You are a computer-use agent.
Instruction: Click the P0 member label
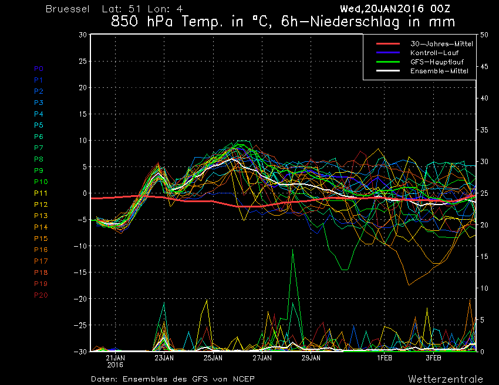(x=39, y=69)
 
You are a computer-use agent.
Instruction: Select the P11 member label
(x=41, y=193)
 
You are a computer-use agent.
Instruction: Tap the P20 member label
(x=41, y=295)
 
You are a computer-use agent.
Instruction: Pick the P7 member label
(x=39, y=148)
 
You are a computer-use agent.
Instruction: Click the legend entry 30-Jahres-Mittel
(x=441, y=44)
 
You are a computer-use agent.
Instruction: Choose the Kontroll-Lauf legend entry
(x=434, y=53)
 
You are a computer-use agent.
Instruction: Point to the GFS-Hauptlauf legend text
(x=437, y=62)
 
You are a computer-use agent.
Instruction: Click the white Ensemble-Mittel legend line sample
(x=388, y=70)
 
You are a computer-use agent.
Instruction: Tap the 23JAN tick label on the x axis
(x=164, y=358)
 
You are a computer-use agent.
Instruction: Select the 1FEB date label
(x=385, y=358)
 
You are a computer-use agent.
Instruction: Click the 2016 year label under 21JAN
(x=115, y=364)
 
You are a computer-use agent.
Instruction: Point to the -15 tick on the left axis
(x=80, y=272)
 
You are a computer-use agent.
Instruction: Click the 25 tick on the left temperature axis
(x=83, y=61)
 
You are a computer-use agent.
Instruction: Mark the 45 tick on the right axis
(x=484, y=66)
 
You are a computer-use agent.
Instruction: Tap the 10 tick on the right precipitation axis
(x=484, y=288)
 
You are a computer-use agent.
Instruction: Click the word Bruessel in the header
(x=68, y=9)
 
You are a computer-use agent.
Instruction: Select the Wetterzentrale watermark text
(x=446, y=379)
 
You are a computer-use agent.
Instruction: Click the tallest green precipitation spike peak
(x=293, y=250)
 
